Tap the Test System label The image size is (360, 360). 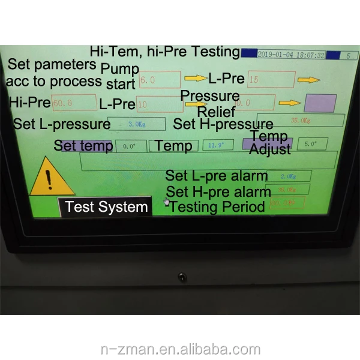106,208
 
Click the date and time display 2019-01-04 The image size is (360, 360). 292,55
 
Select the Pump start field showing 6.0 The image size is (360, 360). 159,79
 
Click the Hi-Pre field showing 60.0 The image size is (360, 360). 74,103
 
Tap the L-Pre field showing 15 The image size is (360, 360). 271,79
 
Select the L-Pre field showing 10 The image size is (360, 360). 160,104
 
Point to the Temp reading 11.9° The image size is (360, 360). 217,145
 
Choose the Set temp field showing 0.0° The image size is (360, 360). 130,146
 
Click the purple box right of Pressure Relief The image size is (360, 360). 320,103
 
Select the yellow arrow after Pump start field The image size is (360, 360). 194,78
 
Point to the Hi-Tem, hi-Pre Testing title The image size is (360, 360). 164,52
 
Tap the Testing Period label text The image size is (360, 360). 217,207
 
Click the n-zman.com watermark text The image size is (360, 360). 180,350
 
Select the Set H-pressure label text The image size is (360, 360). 223,124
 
